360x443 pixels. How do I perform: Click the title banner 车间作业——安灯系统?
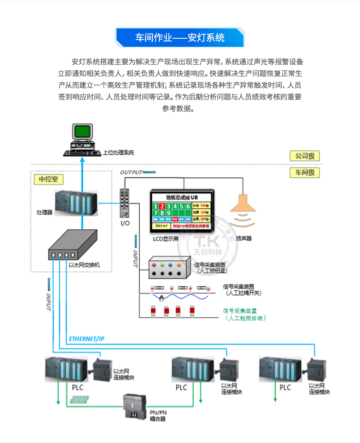point(180,37)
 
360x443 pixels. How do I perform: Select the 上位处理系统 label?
point(118,153)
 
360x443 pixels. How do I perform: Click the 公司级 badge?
point(305,156)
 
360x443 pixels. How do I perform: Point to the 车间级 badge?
point(305,172)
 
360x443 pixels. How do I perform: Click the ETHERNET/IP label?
point(86,339)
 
